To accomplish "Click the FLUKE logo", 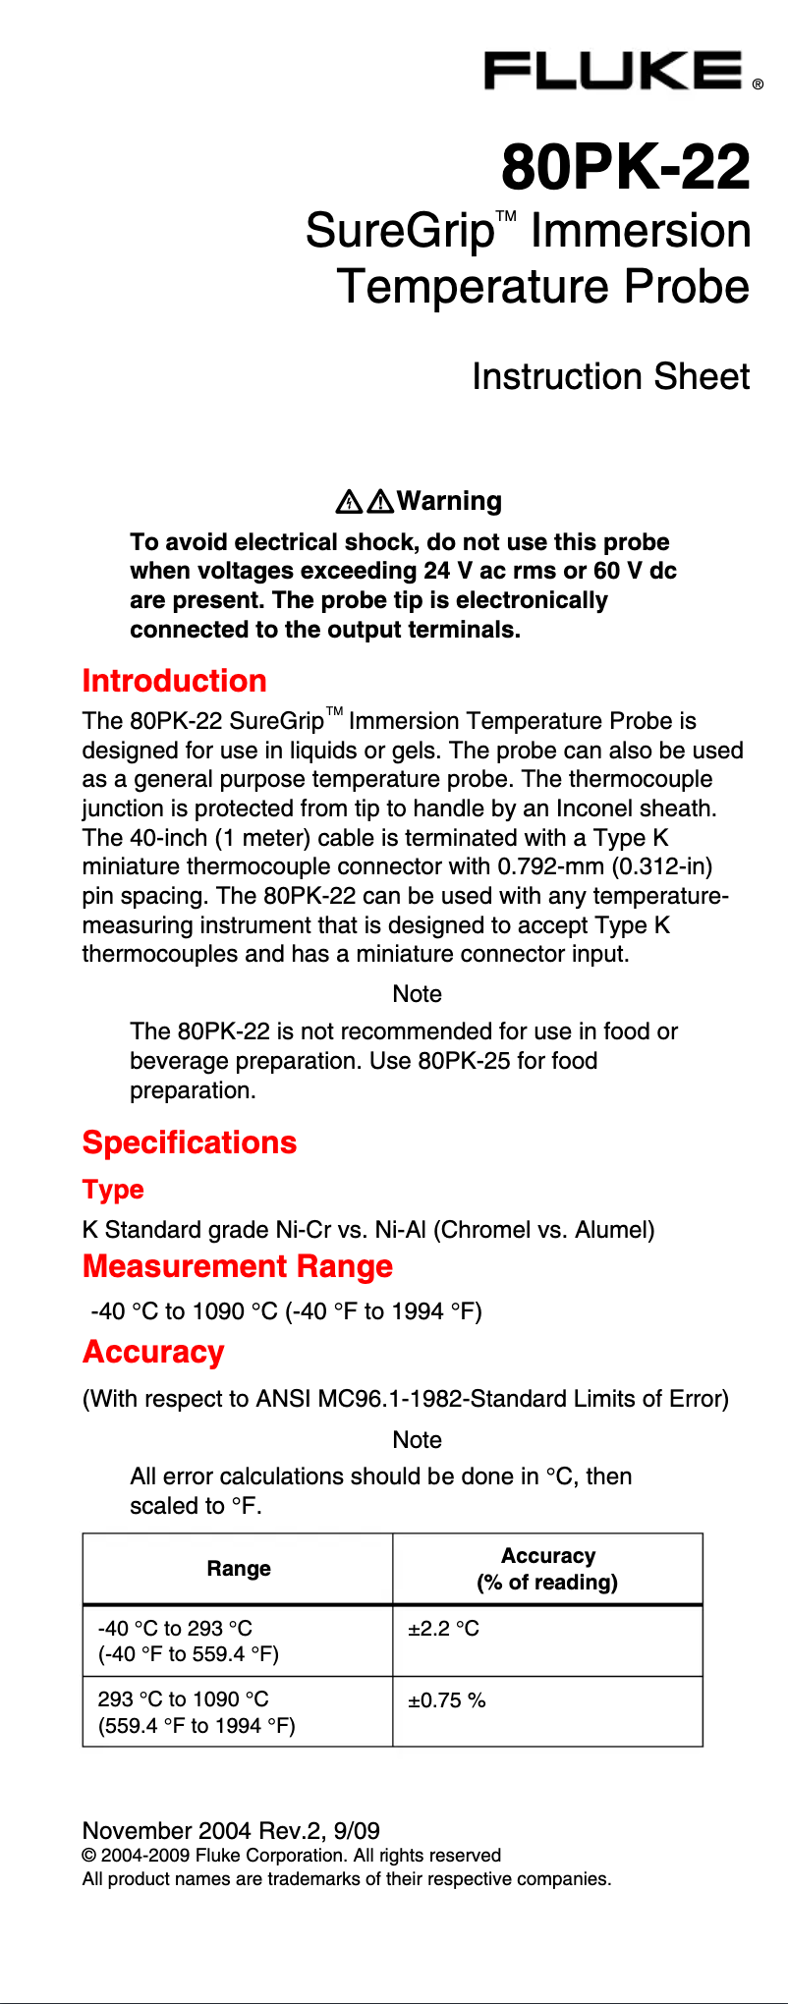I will tap(614, 72).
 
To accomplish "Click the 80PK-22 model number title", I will tap(626, 167).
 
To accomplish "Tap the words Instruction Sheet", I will tap(610, 377).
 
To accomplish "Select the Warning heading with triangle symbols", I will tap(419, 501).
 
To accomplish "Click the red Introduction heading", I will tap(175, 681).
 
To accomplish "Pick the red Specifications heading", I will tap(190, 1142).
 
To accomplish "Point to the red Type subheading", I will tap(113, 1190).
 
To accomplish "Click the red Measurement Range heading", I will tap(238, 1266).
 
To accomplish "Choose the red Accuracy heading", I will tap(153, 1352).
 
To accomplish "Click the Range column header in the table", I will tap(239, 1569).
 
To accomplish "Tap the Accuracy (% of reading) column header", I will tap(547, 1569).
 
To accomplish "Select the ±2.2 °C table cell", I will tap(444, 1629).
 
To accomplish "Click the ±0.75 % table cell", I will tap(447, 1700).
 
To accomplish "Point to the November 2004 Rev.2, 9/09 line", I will tap(231, 1830).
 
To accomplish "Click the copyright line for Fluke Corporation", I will tap(292, 1855).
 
